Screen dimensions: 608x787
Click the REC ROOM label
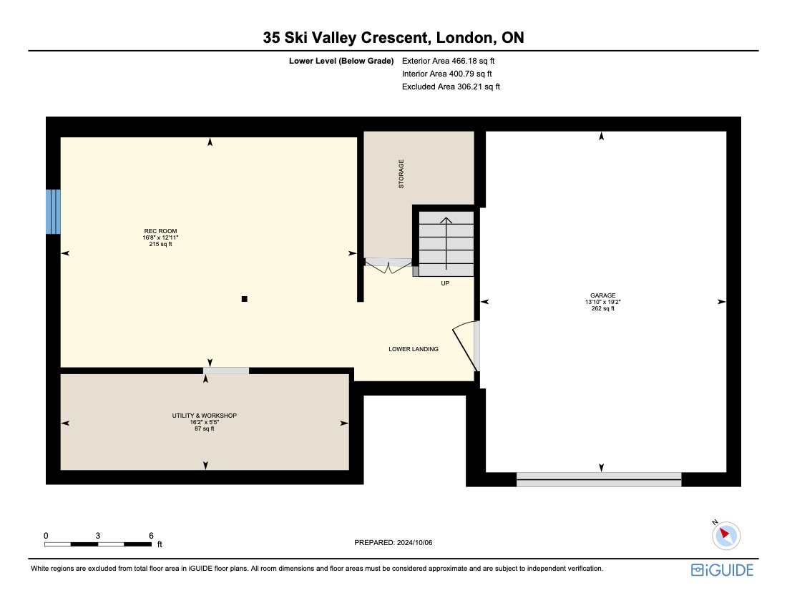click(160, 231)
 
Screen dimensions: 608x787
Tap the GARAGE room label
click(601, 295)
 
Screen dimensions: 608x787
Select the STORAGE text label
click(401, 174)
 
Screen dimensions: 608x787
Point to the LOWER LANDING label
click(414, 349)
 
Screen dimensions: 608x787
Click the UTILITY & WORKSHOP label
click(204, 416)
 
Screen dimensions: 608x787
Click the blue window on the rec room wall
click(53, 211)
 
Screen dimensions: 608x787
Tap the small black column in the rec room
click(244, 299)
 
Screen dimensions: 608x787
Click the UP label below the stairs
click(445, 283)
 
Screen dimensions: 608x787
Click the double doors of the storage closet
click(388, 265)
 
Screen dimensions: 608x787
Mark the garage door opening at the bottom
click(599, 479)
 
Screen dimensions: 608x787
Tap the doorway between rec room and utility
click(226, 371)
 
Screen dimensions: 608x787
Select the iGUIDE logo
click(722, 570)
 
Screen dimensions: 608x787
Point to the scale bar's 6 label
click(151, 535)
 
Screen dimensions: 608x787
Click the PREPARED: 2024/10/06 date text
click(393, 543)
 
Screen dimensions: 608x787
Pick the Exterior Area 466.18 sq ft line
click(449, 62)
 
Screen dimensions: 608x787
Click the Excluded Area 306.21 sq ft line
click(451, 87)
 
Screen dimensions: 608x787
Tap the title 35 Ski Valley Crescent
click(393, 38)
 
